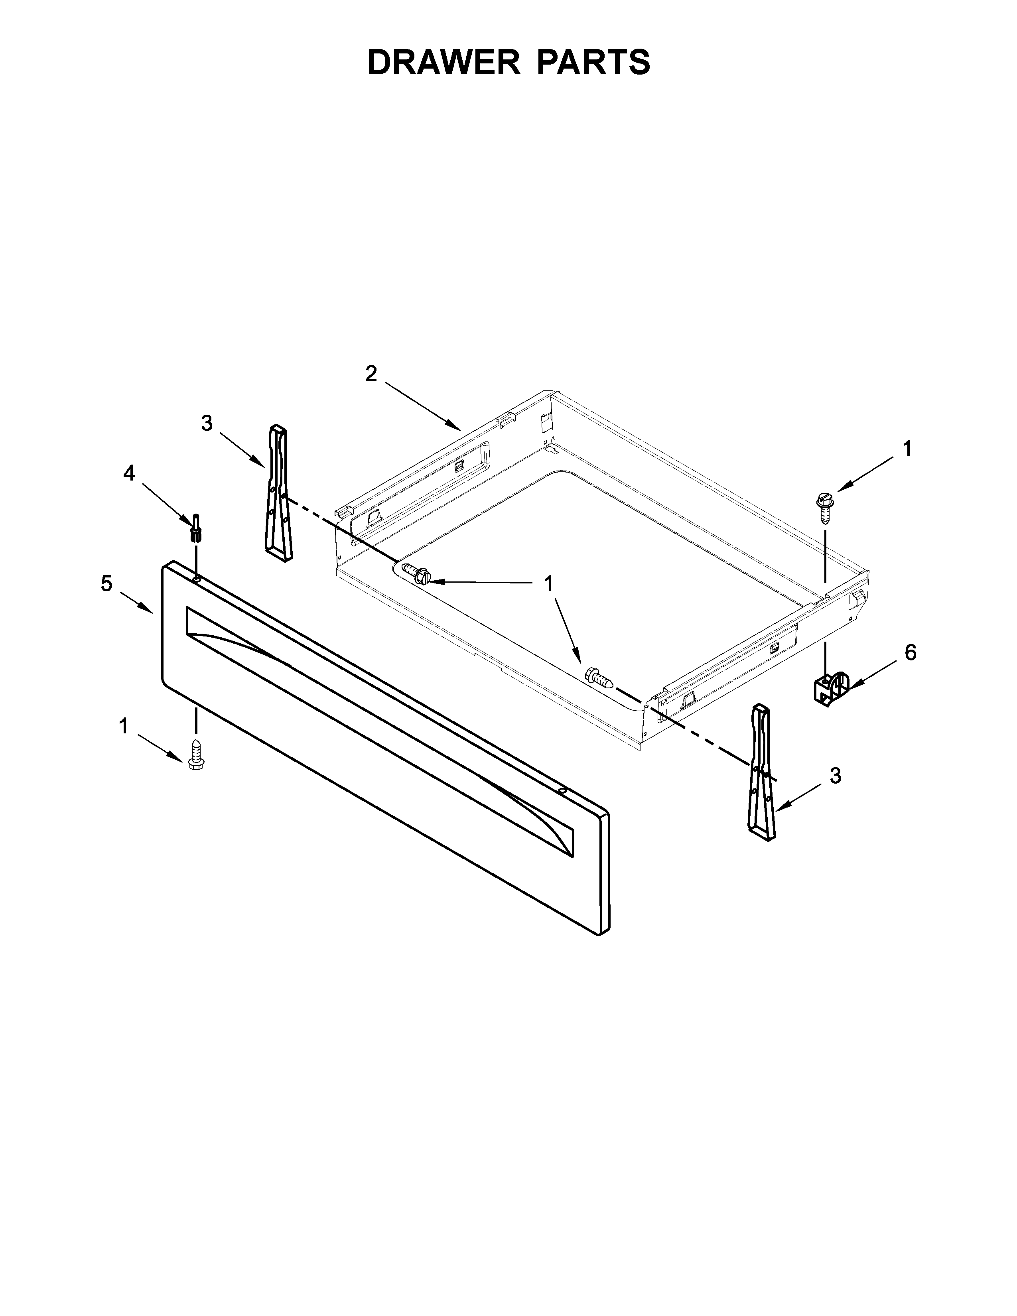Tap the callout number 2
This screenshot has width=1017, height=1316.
[371, 374]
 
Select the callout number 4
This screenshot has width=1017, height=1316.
[129, 474]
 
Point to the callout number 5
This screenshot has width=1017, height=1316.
[106, 583]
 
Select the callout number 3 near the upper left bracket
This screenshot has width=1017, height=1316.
[207, 424]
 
